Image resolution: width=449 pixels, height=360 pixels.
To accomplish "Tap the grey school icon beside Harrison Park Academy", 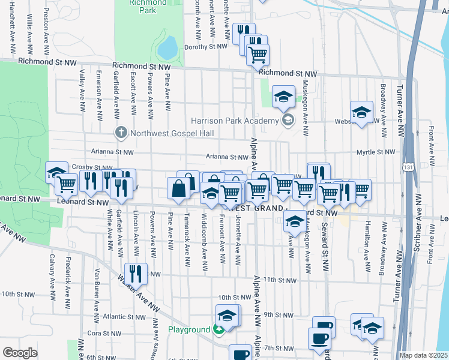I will (288, 121).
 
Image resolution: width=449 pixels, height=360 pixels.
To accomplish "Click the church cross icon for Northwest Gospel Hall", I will (120, 132).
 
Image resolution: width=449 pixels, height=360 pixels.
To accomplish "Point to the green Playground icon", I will (220, 329).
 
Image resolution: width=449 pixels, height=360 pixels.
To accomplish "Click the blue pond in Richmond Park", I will (167, 46).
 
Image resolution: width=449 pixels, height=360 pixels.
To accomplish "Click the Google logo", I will (20, 353).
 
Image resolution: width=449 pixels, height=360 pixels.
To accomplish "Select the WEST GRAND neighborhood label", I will (257, 208).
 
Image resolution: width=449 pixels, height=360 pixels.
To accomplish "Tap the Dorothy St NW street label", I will (206, 46).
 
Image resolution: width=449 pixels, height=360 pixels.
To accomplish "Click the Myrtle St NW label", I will (374, 152).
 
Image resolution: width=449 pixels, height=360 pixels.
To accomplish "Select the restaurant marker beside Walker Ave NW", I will (136, 274).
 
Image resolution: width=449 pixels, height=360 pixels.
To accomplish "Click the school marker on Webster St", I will (362, 112).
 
